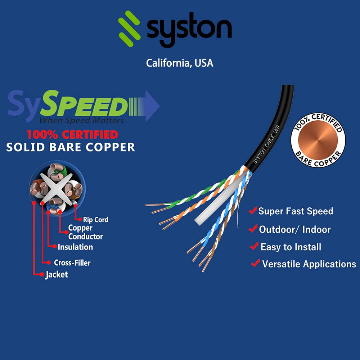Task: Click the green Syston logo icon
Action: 130,27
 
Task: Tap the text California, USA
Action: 179,63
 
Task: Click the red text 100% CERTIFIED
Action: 72,135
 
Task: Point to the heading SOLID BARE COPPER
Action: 71,147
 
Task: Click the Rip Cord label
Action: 95,220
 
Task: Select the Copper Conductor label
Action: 85,232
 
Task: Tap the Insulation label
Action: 75,247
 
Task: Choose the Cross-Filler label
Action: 72,263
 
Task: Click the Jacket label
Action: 57,275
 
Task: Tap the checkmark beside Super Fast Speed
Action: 253,210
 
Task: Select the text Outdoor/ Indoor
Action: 295,230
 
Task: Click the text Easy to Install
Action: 291,247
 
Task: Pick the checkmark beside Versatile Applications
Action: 255,264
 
